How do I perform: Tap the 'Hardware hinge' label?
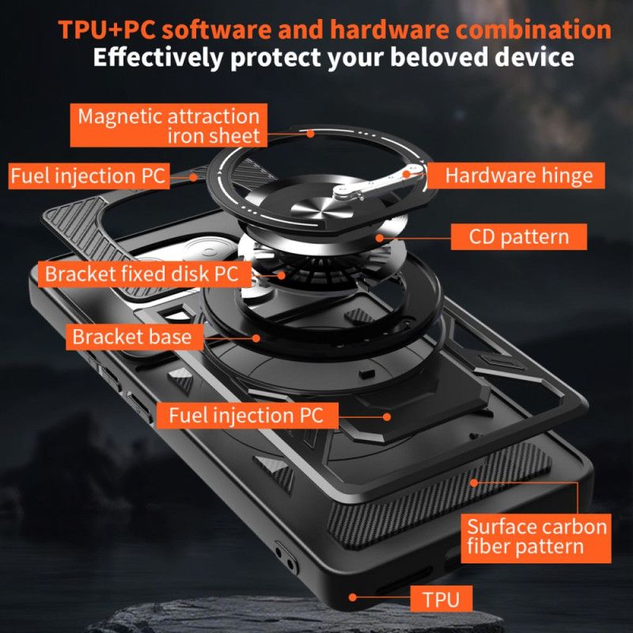pyautogui.click(x=518, y=175)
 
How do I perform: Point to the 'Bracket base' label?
pyautogui.click(x=131, y=336)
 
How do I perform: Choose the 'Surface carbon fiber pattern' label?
pyautogui.click(x=536, y=536)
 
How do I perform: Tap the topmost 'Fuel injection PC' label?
pyautogui.click(x=89, y=175)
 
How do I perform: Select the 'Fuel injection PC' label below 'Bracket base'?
pyautogui.click(x=245, y=415)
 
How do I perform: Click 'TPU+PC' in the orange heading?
pyautogui.click(x=108, y=29)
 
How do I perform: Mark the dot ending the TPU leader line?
pyautogui.click(x=352, y=597)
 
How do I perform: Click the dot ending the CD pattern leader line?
pyautogui.click(x=380, y=236)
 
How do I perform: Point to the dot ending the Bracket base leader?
pyautogui.click(x=258, y=337)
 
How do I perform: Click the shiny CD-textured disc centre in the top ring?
pyautogui.click(x=309, y=208)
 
